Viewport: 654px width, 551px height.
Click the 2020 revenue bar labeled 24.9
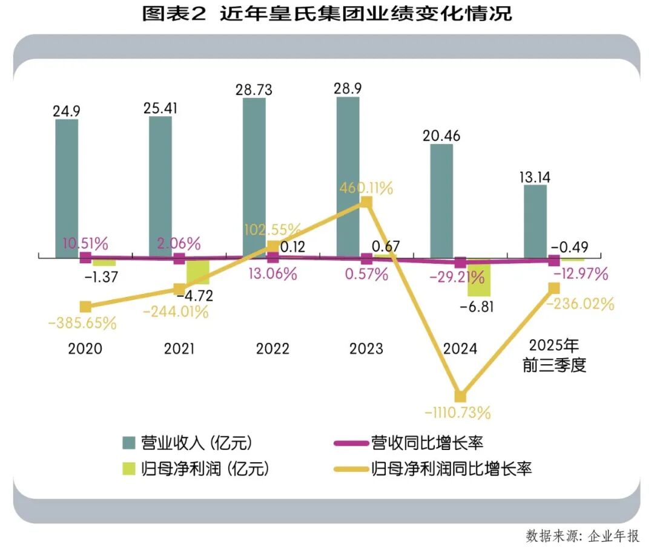click(x=67, y=189)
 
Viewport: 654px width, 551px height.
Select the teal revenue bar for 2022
click(x=254, y=178)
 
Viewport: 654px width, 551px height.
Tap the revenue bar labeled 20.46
click(x=441, y=201)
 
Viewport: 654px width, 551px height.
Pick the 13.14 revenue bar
click(x=535, y=221)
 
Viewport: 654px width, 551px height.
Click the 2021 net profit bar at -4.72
click(x=197, y=272)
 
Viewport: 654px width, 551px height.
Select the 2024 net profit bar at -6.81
click(x=479, y=278)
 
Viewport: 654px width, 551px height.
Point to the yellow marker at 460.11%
click(x=366, y=203)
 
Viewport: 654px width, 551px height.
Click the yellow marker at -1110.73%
click(x=460, y=396)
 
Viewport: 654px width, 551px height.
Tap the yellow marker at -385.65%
click(x=85, y=307)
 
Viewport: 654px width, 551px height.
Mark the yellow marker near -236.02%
click(x=554, y=288)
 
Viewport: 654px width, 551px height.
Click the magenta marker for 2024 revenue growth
click(x=460, y=262)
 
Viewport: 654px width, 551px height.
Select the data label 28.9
click(x=348, y=89)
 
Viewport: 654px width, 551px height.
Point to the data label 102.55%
click(x=272, y=229)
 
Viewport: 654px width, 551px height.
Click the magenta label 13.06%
click(x=272, y=274)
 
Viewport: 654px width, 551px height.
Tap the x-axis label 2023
click(x=366, y=348)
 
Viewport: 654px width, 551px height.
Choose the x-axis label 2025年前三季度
click(x=554, y=355)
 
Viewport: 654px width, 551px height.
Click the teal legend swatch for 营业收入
click(x=129, y=443)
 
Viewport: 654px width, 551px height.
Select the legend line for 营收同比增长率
click(x=352, y=443)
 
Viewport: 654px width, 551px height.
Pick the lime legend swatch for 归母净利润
click(x=129, y=469)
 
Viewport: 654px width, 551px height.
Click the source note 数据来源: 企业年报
click(x=583, y=536)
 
